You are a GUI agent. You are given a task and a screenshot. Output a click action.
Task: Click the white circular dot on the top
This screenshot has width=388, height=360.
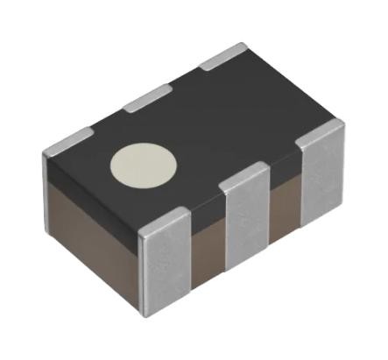pyautogui.click(x=144, y=164)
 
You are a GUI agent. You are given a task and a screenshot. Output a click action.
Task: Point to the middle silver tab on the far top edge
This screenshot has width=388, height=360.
pyautogui.click(x=146, y=98)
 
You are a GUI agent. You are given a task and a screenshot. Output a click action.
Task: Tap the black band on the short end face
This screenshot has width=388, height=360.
pyautogui.click(x=88, y=191)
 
